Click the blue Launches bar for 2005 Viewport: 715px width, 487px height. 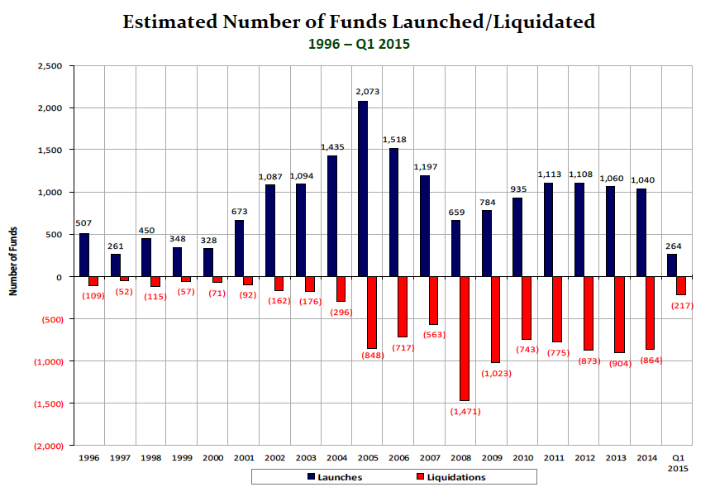pyautogui.click(x=363, y=189)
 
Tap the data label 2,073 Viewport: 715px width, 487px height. pyautogui.click(x=367, y=92)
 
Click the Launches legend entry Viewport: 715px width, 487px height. pyautogui.click(x=334, y=477)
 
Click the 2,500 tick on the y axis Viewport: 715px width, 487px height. pyautogui.click(x=50, y=65)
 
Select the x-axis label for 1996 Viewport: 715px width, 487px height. pyautogui.click(x=89, y=456)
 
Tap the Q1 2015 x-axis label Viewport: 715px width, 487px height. pyautogui.click(x=676, y=461)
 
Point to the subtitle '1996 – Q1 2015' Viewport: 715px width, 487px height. pyautogui.click(x=358, y=44)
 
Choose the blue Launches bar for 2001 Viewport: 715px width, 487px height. pyautogui.click(x=239, y=248)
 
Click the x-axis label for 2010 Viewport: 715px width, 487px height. pyautogui.click(x=522, y=456)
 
